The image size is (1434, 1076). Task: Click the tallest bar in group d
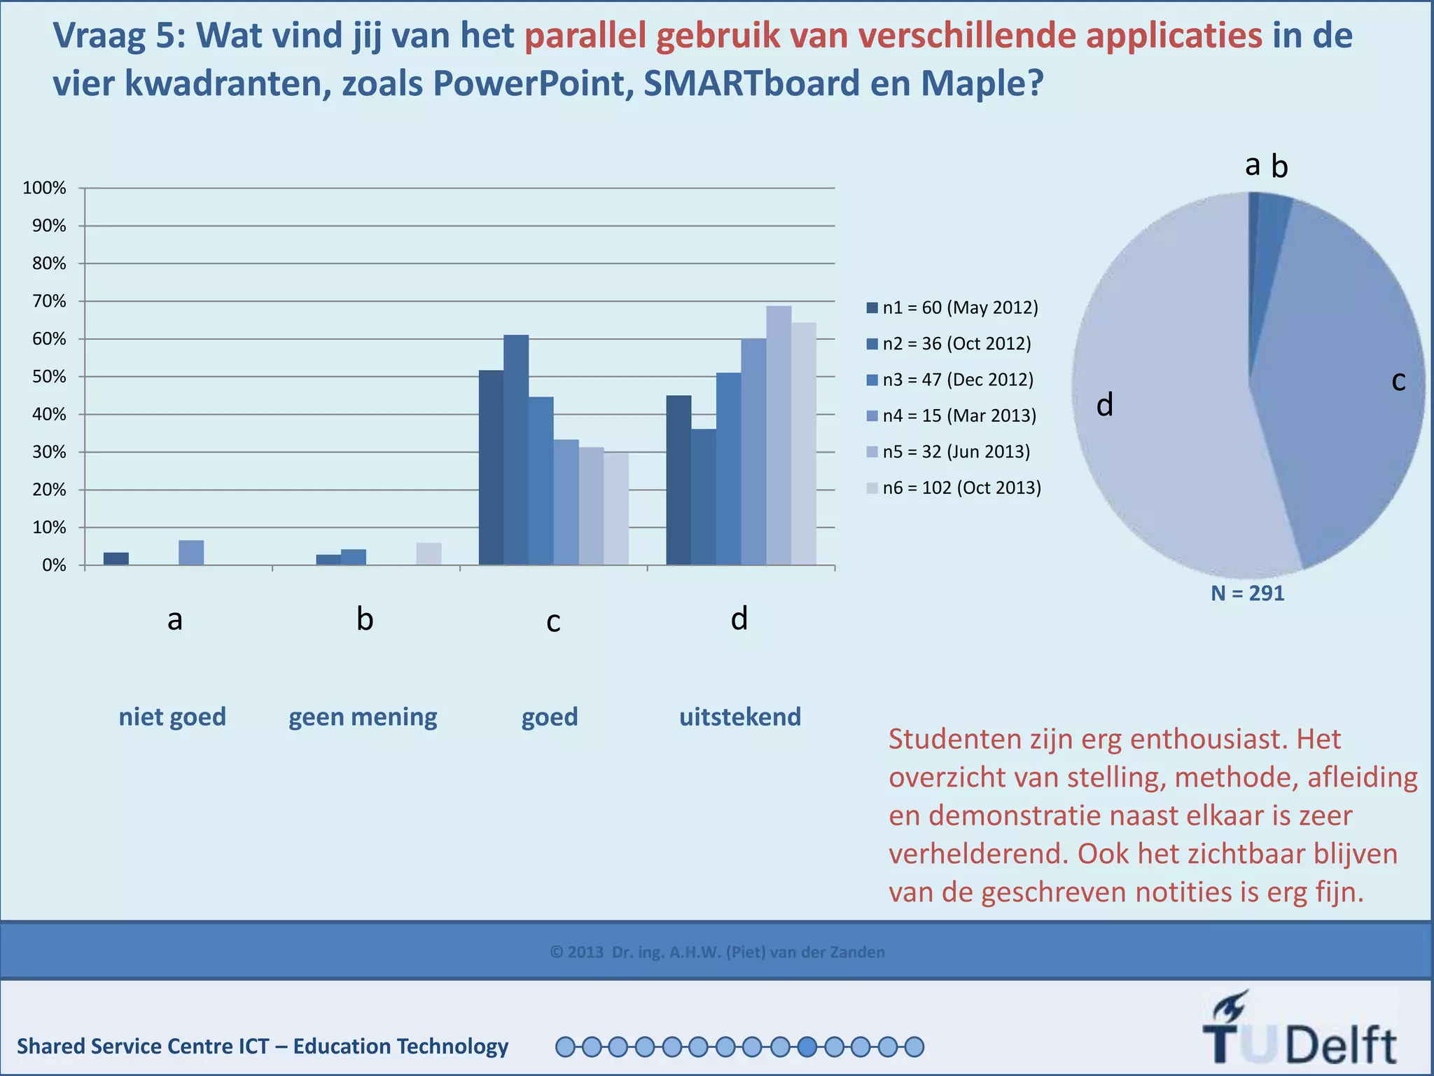tap(779, 435)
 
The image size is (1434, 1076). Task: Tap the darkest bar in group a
tap(116, 558)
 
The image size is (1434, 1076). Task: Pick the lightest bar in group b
tap(429, 553)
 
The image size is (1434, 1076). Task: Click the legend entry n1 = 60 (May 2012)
tap(952, 308)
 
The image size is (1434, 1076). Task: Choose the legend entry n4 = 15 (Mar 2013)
tap(952, 415)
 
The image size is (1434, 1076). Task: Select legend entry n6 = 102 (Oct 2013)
tap(954, 488)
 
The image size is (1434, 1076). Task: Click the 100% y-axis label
tap(44, 188)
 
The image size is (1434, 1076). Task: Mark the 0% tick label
tap(53, 565)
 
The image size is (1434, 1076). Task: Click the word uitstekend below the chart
tap(740, 717)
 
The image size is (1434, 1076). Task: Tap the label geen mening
tap(363, 717)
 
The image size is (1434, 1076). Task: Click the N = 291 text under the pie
tap(1248, 593)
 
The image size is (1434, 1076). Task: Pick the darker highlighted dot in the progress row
tap(807, 1047)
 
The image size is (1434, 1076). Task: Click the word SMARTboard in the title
tap(751, 83)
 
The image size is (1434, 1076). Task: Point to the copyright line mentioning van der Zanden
tap(717, 952)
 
